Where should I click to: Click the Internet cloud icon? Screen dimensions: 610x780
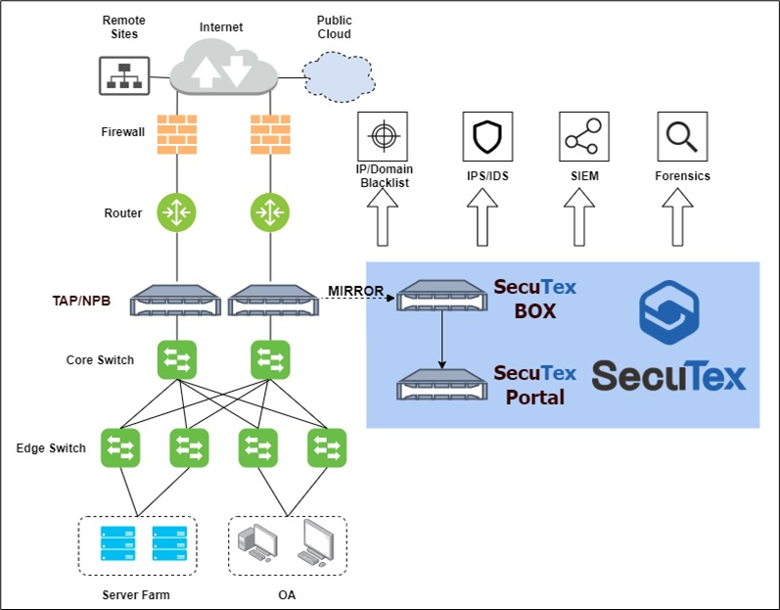pos(224,68)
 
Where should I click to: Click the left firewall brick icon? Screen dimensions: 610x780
pos(177,135)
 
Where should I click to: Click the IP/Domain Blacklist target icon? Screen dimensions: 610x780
pos(382,137)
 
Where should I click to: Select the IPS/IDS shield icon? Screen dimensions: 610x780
pos(485,137)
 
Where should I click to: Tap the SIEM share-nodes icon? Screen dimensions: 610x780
pos(581,137)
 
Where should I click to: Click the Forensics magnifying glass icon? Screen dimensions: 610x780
pos(681,137)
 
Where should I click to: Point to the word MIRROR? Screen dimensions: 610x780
pos(354,291)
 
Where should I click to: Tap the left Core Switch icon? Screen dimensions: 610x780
pos(177,358)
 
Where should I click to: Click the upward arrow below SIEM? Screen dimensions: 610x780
pos(581,218)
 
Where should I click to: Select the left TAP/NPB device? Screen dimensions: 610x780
pos(177,299)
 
